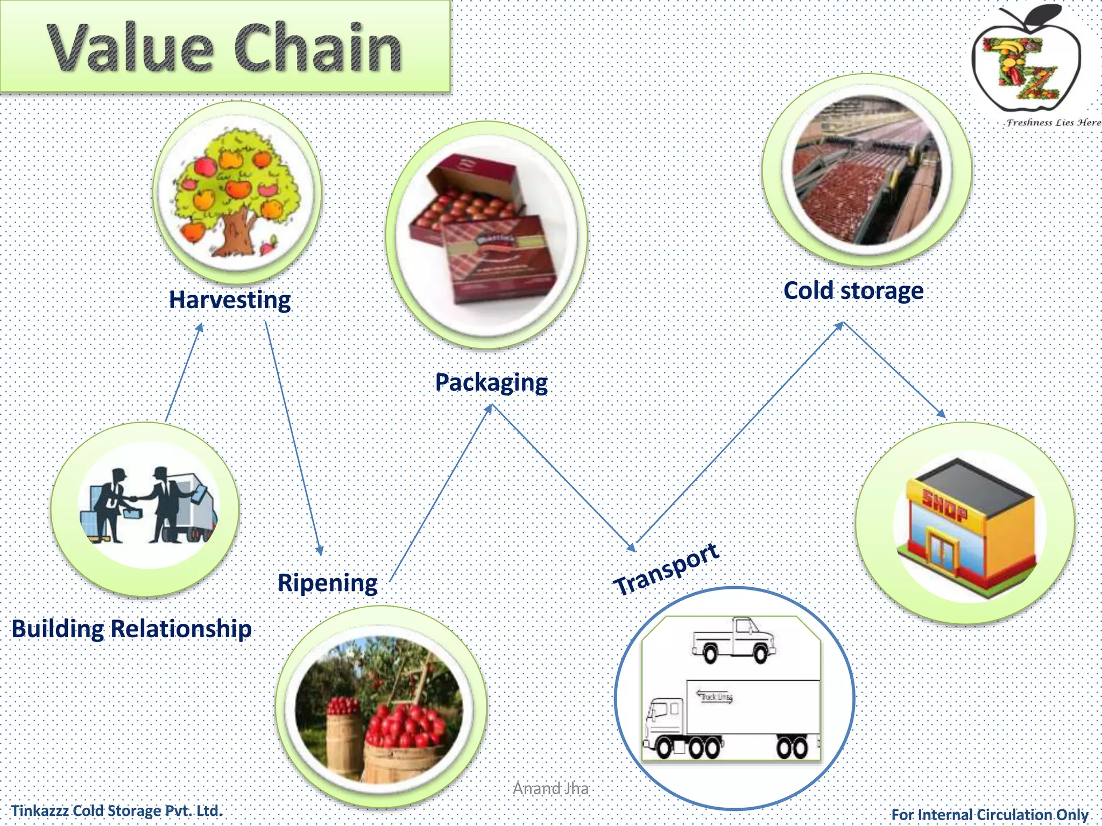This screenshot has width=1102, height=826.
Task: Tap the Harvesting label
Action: click(x=230, y=300)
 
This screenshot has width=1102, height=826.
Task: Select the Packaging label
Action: click(x=491, y=382)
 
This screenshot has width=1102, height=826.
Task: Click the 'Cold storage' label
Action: click(x=853, y=290)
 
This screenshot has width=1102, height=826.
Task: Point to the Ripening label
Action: click(x=327, y=582)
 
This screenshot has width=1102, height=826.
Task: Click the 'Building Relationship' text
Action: click(x=132, y=628)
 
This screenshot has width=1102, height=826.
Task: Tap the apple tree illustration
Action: click(x=237, y=191)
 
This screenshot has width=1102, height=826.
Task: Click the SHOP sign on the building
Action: click(x=945, y=505)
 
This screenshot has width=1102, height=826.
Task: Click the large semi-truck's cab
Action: click(x=665, y=721)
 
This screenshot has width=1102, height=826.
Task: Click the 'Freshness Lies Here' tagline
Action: click(x=1052, y=123)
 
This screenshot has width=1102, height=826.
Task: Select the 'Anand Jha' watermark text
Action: click(x=550, y=788)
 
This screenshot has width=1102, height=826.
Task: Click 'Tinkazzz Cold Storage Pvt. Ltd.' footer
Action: click(x=117, y=810)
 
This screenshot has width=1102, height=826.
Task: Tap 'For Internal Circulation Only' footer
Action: click(x=990, y=814)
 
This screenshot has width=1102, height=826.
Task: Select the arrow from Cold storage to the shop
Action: click(x=894, y=369)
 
